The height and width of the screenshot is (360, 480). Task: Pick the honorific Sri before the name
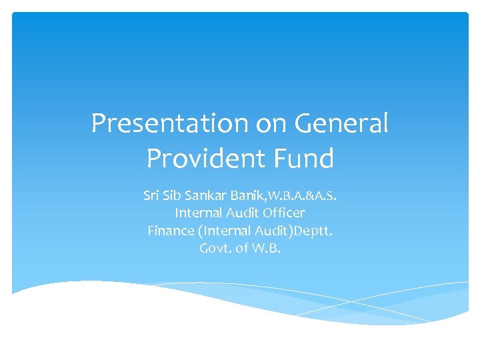tap(152, 196)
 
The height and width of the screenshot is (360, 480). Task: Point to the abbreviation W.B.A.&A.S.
tap(304, 196)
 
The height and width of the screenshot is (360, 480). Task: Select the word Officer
tap(283, 213)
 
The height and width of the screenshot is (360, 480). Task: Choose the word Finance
tap(169, 231)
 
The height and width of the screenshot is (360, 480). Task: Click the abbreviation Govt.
tap(214, 249)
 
